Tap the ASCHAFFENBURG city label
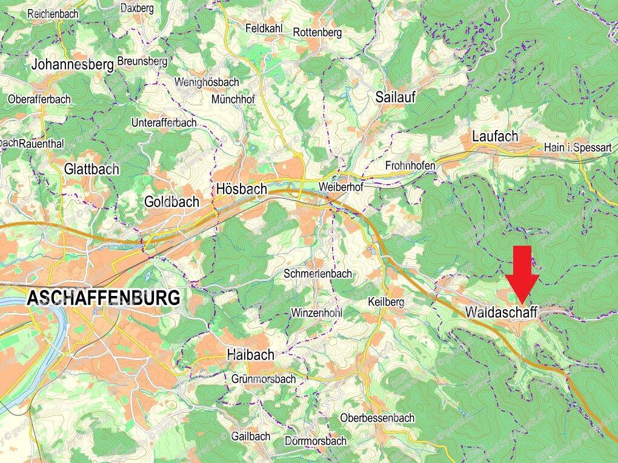click(104, 298)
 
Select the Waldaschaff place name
click(502, 312)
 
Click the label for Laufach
click(496, 137)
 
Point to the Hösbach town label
click(241, 189)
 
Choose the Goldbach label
click(171, 202)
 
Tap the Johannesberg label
click(73, 64)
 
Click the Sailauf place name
click(395, 97)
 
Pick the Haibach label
click(250, 355)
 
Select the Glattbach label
click(91, 169)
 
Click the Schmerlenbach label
click(317, 274)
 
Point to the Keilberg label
click(386, 301)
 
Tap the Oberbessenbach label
click(377, 418)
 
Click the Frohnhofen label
click(410, 165)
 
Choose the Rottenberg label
click(317, 32)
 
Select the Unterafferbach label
click(164, 123)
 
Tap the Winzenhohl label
click(317, 313)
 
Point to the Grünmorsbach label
click(264, 379)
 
